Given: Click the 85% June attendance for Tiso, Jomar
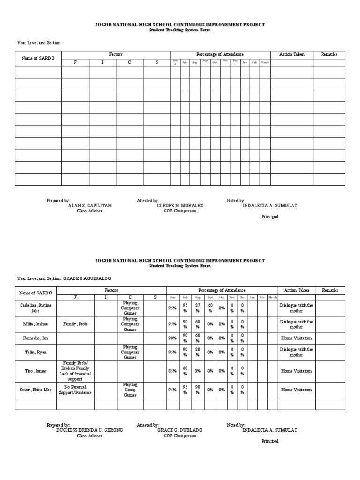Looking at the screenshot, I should click(x=172, y=371).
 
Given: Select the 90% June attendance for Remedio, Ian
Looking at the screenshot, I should click(x=172, y=338).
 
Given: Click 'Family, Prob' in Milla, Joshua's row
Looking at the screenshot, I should click(x=75, y=324).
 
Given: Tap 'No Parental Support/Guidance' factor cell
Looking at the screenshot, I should click(x=75, y=390).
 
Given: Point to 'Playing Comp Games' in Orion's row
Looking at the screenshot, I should click(x=130, y=390).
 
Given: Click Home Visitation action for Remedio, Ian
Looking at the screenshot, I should click(x=296, y=338).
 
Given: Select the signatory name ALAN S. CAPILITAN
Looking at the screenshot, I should click(x=90, y=205).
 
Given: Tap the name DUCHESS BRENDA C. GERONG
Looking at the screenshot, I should click(x=90, y=430).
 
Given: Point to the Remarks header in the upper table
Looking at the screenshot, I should click(x=329, y=55).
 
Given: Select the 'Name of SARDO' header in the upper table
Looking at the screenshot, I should click(x=38, y=58).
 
